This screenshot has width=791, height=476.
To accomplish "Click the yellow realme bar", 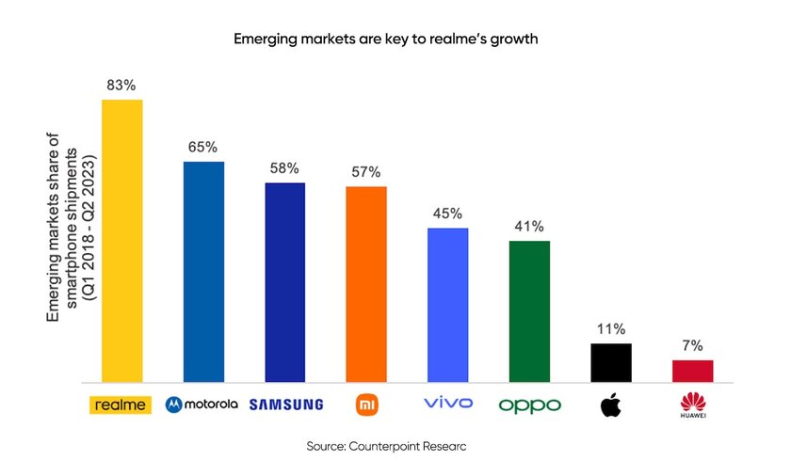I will pos(121,240).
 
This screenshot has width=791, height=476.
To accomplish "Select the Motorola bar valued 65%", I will pos(203,272).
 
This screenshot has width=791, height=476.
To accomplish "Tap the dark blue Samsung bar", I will pos(284,282).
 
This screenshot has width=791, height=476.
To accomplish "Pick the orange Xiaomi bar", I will pos(366,284).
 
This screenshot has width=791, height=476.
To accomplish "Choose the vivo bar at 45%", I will pos(447,305).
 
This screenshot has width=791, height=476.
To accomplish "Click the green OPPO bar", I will pos(529,311).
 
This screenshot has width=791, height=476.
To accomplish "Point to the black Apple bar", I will pos(610,362).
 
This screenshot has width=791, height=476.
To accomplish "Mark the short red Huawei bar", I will pos(692,371).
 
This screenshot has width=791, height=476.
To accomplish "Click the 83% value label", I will pos(121,86).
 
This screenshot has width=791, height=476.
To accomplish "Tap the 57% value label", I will pos(366,172).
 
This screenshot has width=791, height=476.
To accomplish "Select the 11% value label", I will pos(610,329).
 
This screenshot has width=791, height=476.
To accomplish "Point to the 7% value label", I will pos(692,345).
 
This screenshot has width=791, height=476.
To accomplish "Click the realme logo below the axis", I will pos(120,405).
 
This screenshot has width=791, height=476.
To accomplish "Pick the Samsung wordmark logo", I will pos(286,405).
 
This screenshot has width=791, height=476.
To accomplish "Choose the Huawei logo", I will pos(692,405).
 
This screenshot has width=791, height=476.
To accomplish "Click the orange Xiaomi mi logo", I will pos(366,405).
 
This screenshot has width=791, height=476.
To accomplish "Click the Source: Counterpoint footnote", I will pos(386,446).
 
